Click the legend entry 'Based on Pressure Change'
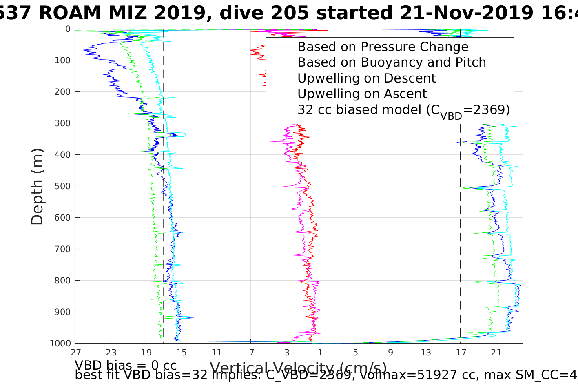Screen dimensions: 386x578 coord(383,47)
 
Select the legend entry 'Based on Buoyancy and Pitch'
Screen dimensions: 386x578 coord(392,62)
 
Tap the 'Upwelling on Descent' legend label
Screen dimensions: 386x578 coord(366,78)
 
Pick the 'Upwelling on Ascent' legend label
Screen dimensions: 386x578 coord(362,94)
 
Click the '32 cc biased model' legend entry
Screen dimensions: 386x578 coord(403,110)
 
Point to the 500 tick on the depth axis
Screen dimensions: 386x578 coord(62,186)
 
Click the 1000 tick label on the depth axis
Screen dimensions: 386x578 coord(60,344)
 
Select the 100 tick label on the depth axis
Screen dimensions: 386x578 coord(62,60)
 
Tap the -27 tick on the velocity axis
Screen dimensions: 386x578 coord(74,352)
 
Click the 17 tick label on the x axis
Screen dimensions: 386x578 coord(461,352)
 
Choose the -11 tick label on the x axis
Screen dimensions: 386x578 coord(215,352)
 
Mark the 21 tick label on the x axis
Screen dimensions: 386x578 coord(496,352)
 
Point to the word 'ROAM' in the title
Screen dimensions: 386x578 coord(70,13)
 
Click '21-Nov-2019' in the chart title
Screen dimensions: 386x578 coord(467,13)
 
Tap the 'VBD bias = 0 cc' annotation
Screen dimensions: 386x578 coord(126,365)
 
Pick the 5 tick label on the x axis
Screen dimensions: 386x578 coord(355,352)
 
